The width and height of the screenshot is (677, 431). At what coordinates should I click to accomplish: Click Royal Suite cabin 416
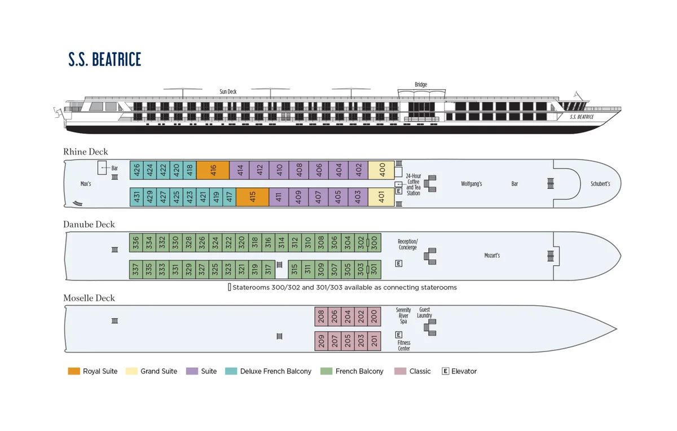point(213,170)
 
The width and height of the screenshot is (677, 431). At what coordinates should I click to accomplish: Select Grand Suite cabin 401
point(381,197)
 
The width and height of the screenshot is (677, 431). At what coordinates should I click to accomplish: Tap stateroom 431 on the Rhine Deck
point(137,197)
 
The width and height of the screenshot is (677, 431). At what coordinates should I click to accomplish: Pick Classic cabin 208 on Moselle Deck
point(321,316)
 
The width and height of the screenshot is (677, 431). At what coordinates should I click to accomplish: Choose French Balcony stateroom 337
point(135,270)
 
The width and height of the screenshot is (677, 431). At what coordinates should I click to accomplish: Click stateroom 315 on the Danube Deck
point(294,270)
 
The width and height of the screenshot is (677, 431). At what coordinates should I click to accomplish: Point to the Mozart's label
point(492,256)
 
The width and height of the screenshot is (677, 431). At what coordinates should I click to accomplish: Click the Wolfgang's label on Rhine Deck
point(471,184)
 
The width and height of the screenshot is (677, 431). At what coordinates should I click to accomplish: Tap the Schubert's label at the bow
point(600,184)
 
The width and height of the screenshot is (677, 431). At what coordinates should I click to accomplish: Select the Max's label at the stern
point(86,184)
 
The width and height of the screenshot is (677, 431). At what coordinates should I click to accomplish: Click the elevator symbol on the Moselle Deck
point(399,335)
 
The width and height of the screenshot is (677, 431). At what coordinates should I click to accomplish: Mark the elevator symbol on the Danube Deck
point(399,263)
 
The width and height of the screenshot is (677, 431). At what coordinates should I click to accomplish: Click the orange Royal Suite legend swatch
point(74,371)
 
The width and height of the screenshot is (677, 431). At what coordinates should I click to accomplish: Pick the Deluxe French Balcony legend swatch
point(231,371)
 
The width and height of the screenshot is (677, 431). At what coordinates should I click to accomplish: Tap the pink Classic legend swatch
point(400,371)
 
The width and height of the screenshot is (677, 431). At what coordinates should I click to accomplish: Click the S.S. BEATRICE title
point(105,59)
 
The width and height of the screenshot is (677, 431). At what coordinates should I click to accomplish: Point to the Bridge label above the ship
point(421,85)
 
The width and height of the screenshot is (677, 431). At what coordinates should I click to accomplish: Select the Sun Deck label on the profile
point(228,91)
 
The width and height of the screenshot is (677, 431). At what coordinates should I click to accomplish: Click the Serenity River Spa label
point(403,316)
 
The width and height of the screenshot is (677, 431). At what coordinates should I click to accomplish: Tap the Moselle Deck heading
point(89,298)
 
